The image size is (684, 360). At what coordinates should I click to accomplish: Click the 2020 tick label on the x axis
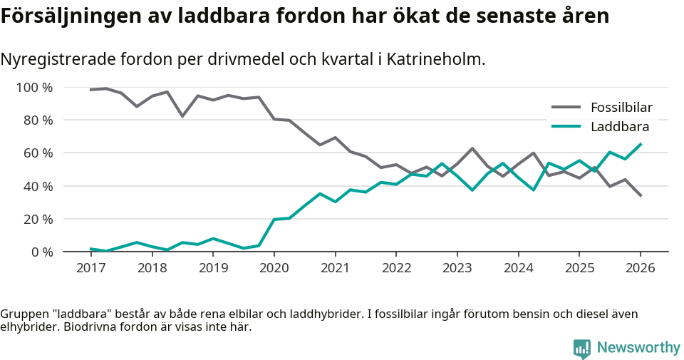pyautogui.click(x=274, y=268)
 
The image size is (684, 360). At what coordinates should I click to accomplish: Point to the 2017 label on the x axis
pyautogui.click(x=90, y=268)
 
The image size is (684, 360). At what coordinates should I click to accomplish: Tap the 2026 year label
pyautogui.click(x=640, y=268)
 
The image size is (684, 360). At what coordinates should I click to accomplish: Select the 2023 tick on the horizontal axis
pyautogui.click(x=457, y=268)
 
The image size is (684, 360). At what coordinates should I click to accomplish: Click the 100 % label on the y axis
pyautogui.click(x=35, y=88)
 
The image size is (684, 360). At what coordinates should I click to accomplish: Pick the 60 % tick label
pyautogui.click(x=38, y=153)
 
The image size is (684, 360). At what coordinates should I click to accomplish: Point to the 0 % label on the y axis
pyautogui.click(x=41, y=252)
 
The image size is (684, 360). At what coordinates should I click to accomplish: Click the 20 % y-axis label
pyautogui.click(x=38, y=219)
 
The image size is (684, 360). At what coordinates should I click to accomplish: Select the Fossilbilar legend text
pyautogui.click(x=621, y=108)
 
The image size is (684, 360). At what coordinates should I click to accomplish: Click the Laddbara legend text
pyautogui.click(x=619, y=127)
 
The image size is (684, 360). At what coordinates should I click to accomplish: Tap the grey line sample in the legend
pyautogui.click(x=566, y=108)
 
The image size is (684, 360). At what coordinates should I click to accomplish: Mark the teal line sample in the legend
pyautogui.click(x=566, y=127)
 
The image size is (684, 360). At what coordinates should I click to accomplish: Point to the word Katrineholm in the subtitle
pyautogui.click(x=437, y=59)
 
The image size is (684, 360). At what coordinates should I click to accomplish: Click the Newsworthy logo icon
pyautogui.click(x=581, y=348)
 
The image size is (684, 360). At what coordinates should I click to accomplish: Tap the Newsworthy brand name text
pyautogui.click(x=638, y=348)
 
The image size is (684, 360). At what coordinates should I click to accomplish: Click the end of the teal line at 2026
pyautogui.click(x=641, y=144)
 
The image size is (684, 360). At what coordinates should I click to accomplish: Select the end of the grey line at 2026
pyautogui.click(x=641, y=195)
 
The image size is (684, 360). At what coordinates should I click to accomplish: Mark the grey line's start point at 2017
pyautogui.click(x=90, y=90)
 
